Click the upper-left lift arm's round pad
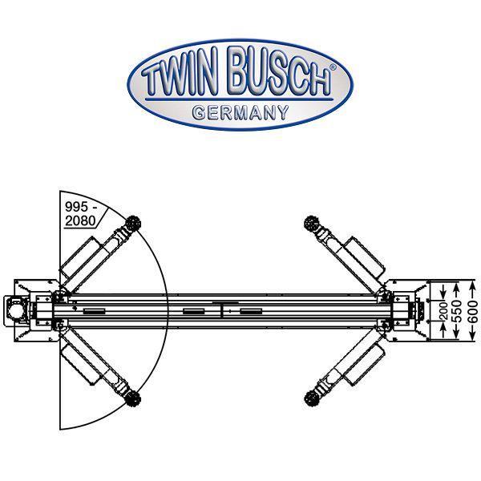(132, 219)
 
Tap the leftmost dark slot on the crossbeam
(91, 309)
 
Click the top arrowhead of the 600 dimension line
(473, 283)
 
